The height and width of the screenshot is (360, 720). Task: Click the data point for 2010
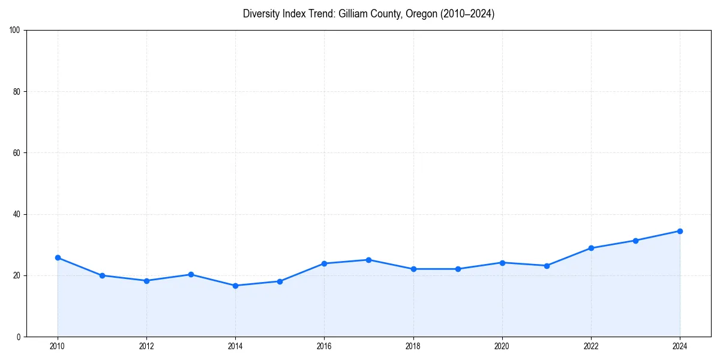coord(58,257)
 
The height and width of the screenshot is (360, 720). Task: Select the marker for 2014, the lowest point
coord(235,286)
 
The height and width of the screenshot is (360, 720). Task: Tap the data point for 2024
coord(680,231)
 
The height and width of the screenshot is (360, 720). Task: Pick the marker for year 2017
coord(368,260)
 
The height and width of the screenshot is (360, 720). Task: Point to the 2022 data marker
coord(591,248)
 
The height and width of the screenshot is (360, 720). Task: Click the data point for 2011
coord(102,275)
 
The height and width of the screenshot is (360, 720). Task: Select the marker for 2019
coord(458,269)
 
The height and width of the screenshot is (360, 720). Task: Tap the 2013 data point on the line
coord(191,274)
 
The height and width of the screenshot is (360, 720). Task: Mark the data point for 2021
coord(547,265)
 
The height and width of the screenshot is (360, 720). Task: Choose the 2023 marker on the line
coord(635,241)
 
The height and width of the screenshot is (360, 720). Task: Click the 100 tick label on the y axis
coord(15,31)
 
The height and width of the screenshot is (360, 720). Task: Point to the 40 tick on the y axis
coord(17,214)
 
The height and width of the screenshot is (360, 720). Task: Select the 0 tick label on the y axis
coord(19,337)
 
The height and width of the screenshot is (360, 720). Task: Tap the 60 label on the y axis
coord(17,153)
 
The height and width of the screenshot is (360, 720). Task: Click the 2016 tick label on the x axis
coord(324,346)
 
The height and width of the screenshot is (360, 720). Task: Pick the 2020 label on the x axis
coord(502,346)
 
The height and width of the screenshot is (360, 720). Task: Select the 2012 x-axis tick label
coord(146,346)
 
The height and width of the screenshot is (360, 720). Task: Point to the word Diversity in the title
coord(262,14)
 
